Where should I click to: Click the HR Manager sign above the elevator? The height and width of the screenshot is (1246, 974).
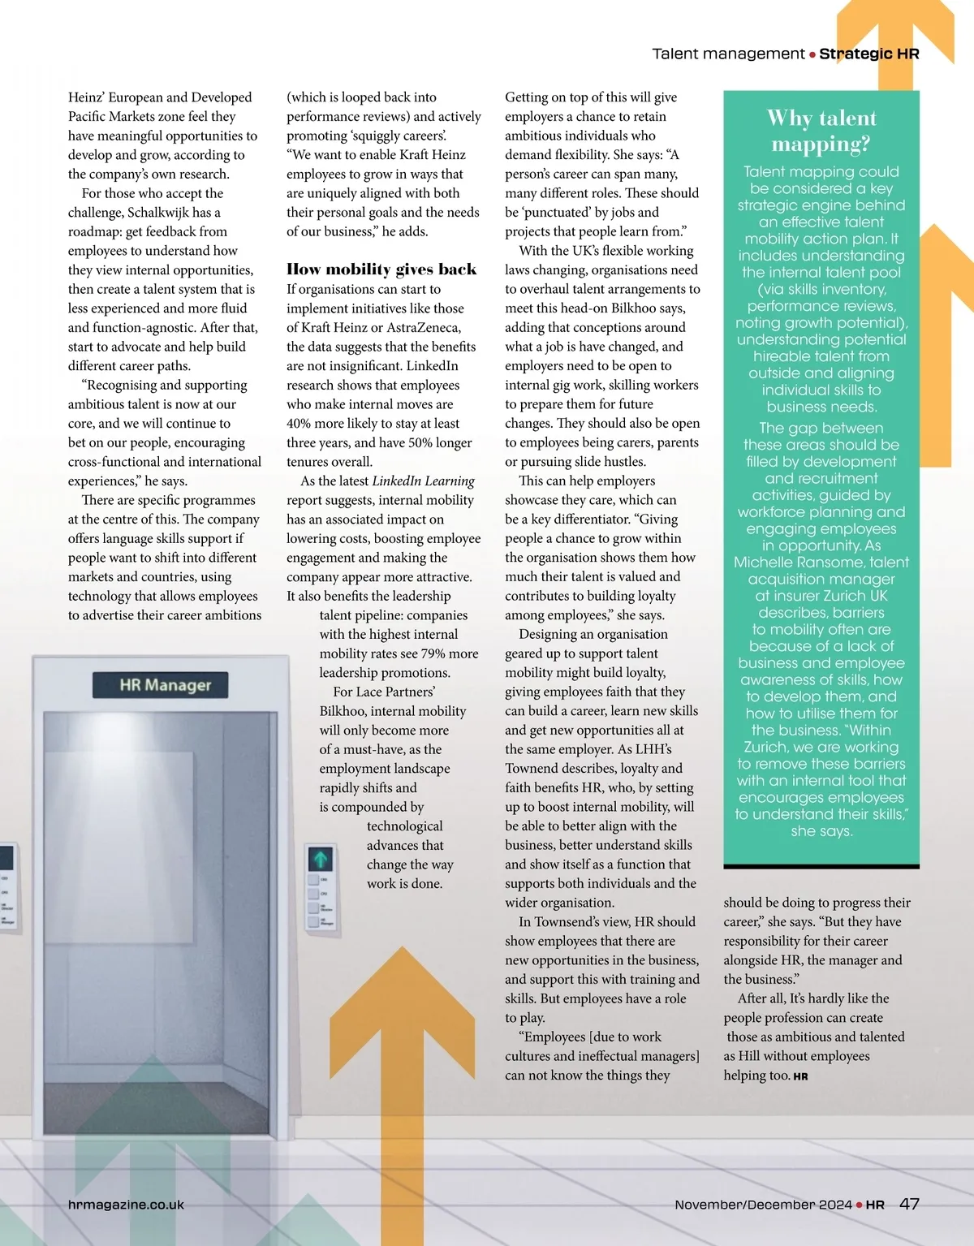[160, 685]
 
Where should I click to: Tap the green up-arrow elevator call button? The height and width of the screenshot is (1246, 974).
[321, 859]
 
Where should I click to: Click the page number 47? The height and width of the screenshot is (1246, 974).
[909, 1204]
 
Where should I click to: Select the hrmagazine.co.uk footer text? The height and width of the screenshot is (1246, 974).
[126, 1205]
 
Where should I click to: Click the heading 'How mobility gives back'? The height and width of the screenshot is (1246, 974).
[381, 269]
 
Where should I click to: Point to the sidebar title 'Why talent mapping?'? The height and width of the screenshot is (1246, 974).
[821, 131]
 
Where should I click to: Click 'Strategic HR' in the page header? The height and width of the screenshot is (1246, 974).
[868, 54]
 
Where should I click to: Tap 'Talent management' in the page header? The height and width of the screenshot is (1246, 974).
[728, 54]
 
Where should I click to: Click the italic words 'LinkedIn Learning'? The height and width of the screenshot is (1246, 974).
[423, 481]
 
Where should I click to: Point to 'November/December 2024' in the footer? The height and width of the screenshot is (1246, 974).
[763, 1205]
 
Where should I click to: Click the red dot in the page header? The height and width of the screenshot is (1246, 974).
[812, 54]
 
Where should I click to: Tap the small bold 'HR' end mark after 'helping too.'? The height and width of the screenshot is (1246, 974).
[800, 1076]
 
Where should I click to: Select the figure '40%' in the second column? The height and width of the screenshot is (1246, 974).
[301, 424]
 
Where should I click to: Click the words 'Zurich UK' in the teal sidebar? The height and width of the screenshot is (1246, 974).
[855, 596]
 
